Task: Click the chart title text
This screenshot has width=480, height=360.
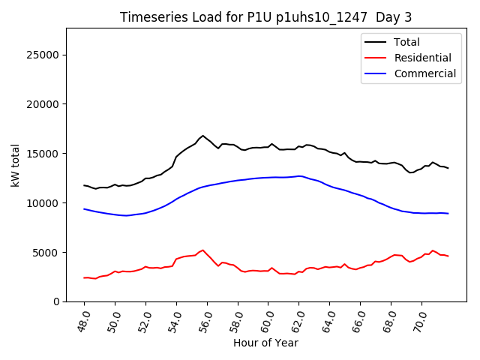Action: click(x=265, y=17)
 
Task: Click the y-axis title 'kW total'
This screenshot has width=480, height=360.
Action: click(x=16, y=164)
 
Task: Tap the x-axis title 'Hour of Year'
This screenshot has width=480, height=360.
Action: click(x=265, y=343)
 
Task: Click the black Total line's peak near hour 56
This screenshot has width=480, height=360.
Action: click(x=202, y=136)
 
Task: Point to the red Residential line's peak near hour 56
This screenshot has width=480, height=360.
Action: click(x=202, y=250)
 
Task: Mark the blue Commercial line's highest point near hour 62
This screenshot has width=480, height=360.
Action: click(x=299, y=176)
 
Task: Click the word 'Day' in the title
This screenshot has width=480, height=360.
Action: click(x=388, y=17)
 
